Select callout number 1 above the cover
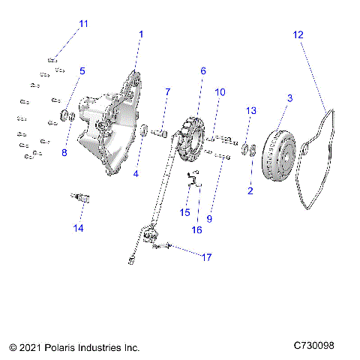pyautogui.click(x=141, y=34)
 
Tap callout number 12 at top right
pyautogui.click(x=298, y=34)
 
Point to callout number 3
pyautogui.click(x=290, y=97)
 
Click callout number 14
pyautogui.click(x=78, y=227)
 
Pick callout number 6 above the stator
pyautogui.click(x=202, y=70)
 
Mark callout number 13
pyautogui.click(x=251, y=110)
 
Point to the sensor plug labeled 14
pyautogui.click(x=76, y=196)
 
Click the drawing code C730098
pyautogui.click(x=325, y=346)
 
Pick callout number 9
pyautogui.click(x=210, y=219)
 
